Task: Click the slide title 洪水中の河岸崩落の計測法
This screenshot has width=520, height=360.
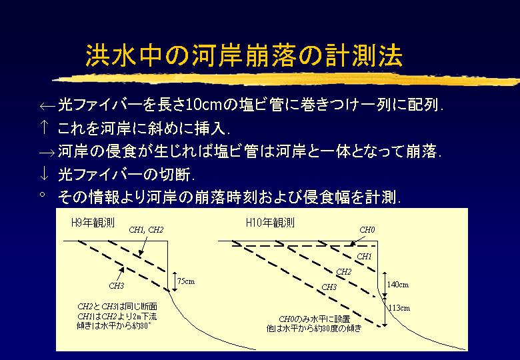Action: [x=245, y=55]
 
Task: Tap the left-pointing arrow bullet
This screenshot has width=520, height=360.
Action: [x=47, y=106]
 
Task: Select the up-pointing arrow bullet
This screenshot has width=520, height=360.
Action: [x=44, y=127]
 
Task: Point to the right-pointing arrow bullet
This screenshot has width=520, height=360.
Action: [x=47, y=153]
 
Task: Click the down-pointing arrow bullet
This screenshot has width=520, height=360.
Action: [x=44, y=174]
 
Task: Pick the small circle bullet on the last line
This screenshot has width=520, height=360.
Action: [x=43, y=193]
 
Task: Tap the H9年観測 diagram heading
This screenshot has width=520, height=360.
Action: [x=93, y=223]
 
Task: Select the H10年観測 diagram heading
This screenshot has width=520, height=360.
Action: [x=270, y=223]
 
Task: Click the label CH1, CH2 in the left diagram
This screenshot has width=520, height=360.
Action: [x=146, y=230]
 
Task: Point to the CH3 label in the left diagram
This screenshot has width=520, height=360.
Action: [x=117, y=286]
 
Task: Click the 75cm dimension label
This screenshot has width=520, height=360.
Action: [x=186, y=281]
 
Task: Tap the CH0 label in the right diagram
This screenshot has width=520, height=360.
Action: [x=367, y=230]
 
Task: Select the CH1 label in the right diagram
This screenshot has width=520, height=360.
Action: [x=364, y=256]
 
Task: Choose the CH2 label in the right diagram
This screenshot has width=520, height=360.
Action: [x=343, y=272]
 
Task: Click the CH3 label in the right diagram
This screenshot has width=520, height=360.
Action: [x=329, y=287]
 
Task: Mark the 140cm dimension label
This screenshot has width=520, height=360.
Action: [x=398, y=285]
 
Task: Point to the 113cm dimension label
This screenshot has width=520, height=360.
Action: [x=399, y=308]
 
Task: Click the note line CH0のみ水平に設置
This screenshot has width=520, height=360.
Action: [x=315, y=319]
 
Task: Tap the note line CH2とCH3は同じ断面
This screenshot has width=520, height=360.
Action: [x=117, y=306]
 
